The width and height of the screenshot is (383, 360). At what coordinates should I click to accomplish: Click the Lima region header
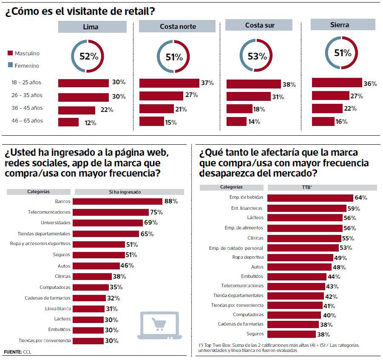coord(92,27)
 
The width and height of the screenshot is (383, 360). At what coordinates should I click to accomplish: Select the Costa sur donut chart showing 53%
coord(257,56)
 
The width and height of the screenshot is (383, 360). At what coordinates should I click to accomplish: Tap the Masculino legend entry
coord(27,54)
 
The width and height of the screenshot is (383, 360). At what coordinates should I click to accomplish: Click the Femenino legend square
coord(10,66)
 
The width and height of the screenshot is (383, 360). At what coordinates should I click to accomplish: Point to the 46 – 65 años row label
coord(27,121)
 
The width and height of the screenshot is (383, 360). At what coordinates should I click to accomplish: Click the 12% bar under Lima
coord(68,123)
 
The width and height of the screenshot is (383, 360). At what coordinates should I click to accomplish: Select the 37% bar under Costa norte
coord(169,83)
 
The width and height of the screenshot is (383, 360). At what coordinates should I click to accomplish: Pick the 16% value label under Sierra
coord(341,121)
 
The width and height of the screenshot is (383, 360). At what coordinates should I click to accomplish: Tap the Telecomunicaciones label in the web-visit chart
coord(49,212)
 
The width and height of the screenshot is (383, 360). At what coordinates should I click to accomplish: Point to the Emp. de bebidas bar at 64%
coord(310,197)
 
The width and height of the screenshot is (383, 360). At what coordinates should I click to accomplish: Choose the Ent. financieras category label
coord(247,208)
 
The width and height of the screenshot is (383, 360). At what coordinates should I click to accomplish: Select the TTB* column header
coord(322,187)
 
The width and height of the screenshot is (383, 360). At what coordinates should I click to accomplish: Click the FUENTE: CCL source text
coord(18,352)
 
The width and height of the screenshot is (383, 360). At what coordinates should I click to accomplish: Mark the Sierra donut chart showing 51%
coord(343,53)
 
